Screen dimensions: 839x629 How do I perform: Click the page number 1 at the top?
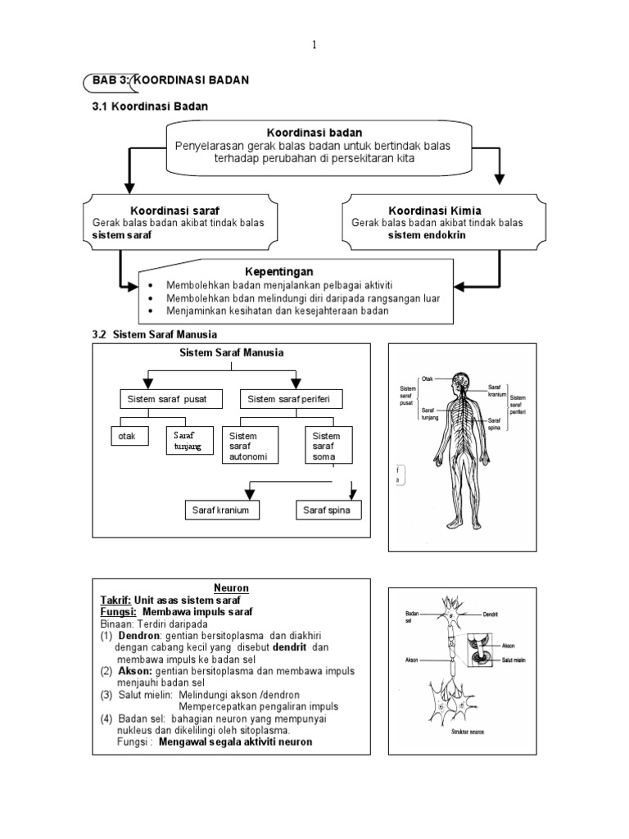coord(314,45)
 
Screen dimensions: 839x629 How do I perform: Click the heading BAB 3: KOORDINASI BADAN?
coord(166,79)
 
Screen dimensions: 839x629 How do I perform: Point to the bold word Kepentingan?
coord(279,271)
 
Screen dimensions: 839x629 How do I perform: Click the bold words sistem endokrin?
coord(423,234)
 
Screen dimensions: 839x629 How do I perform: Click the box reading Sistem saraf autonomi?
coord(250,447)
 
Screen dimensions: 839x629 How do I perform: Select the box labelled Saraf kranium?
coord(220,511)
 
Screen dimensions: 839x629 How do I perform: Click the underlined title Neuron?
coord(231,588)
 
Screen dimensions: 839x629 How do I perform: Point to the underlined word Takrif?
coord(115,600)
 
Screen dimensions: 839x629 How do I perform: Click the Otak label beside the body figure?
coord(428,379)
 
